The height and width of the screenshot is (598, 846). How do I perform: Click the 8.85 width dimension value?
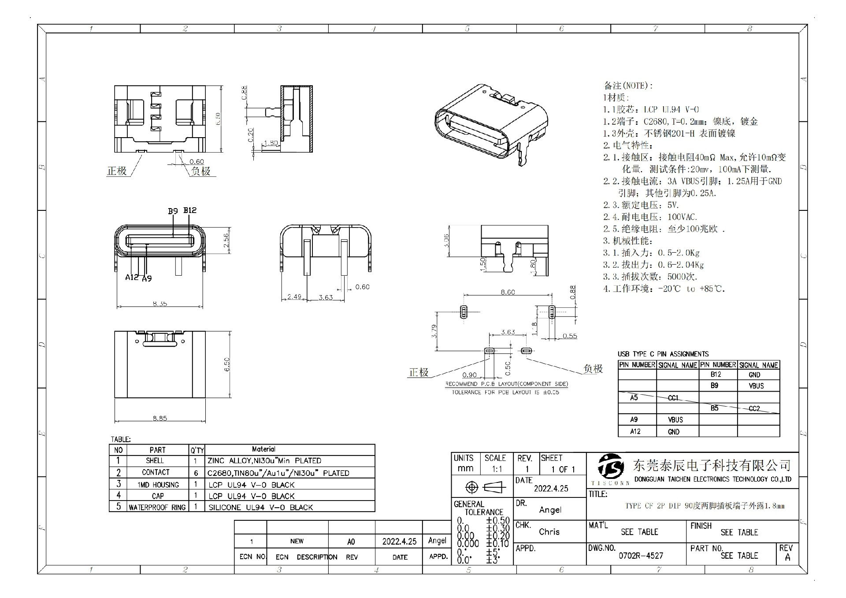[160, 418]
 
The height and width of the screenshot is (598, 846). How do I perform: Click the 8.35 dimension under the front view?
[160, 303]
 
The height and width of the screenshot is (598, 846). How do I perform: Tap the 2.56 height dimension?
[226, 240]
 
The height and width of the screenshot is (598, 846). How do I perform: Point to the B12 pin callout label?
[190, 210]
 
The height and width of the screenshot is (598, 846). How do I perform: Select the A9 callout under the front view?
[147, 278]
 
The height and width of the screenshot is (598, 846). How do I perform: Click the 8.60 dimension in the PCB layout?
[508, 292]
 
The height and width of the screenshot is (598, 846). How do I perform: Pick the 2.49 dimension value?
[294, 297]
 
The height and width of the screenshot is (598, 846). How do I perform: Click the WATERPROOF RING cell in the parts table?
[157, 507]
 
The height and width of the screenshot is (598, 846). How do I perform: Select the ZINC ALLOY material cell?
[264, 460]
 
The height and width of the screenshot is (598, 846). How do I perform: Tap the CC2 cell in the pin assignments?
[754, 408]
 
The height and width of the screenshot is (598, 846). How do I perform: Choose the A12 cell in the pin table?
[635, 431]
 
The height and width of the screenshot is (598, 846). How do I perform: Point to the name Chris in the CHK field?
[549, 532]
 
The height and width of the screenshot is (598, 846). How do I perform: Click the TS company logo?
[611, 466]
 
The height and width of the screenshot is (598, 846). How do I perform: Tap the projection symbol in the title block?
[482, 487]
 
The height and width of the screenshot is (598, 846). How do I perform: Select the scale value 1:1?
[497, 469]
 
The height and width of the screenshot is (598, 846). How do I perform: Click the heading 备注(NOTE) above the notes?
[628, 86]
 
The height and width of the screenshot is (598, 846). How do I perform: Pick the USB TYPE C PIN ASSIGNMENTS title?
[663, 354]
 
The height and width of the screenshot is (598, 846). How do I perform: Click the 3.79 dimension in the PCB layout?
[434, 331]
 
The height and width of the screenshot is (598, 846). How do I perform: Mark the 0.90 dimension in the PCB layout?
[469, 375]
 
